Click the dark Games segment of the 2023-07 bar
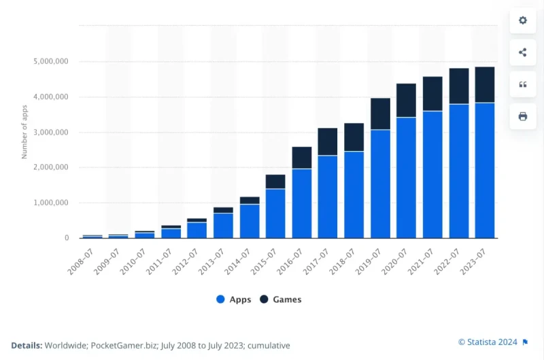click(x=485, y=84)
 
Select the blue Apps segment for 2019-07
click(x=380, y=183)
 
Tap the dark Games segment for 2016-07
click(x=302, y=157)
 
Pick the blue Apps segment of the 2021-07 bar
click(x=432, y=174)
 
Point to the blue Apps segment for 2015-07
click(x=275, y=213)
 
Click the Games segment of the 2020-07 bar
click(x=407, y=100)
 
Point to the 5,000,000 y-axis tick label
click(x=51, y=62)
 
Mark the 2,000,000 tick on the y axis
click(x=51, y=167)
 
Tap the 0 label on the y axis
click(x=66, y=238)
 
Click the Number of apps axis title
click(x=24, y=132)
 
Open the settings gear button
click(x=523, y=20)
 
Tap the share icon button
click(x=523, y=52)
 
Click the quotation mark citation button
click(x=523, y=84)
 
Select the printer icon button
click(x=523, y=116)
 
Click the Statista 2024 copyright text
click(x=488, y=342)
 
